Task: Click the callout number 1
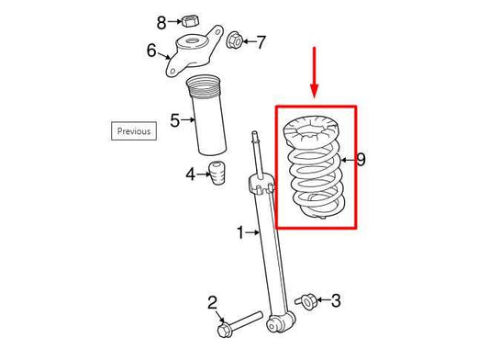(x=240, y=233)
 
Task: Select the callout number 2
(x=211, y=301)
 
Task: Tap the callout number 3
(x=335, y=300)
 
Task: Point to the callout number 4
(x=191, y=173)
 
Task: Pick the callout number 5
(x=174, y=118)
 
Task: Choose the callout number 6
(x=152, y=51)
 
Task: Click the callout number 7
(x=261, y=41)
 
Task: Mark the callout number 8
(x=161, y=21)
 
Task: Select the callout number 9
(x=361, y=160)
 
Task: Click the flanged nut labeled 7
(x=235, y=40)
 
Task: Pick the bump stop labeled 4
(x=218, y=172)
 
